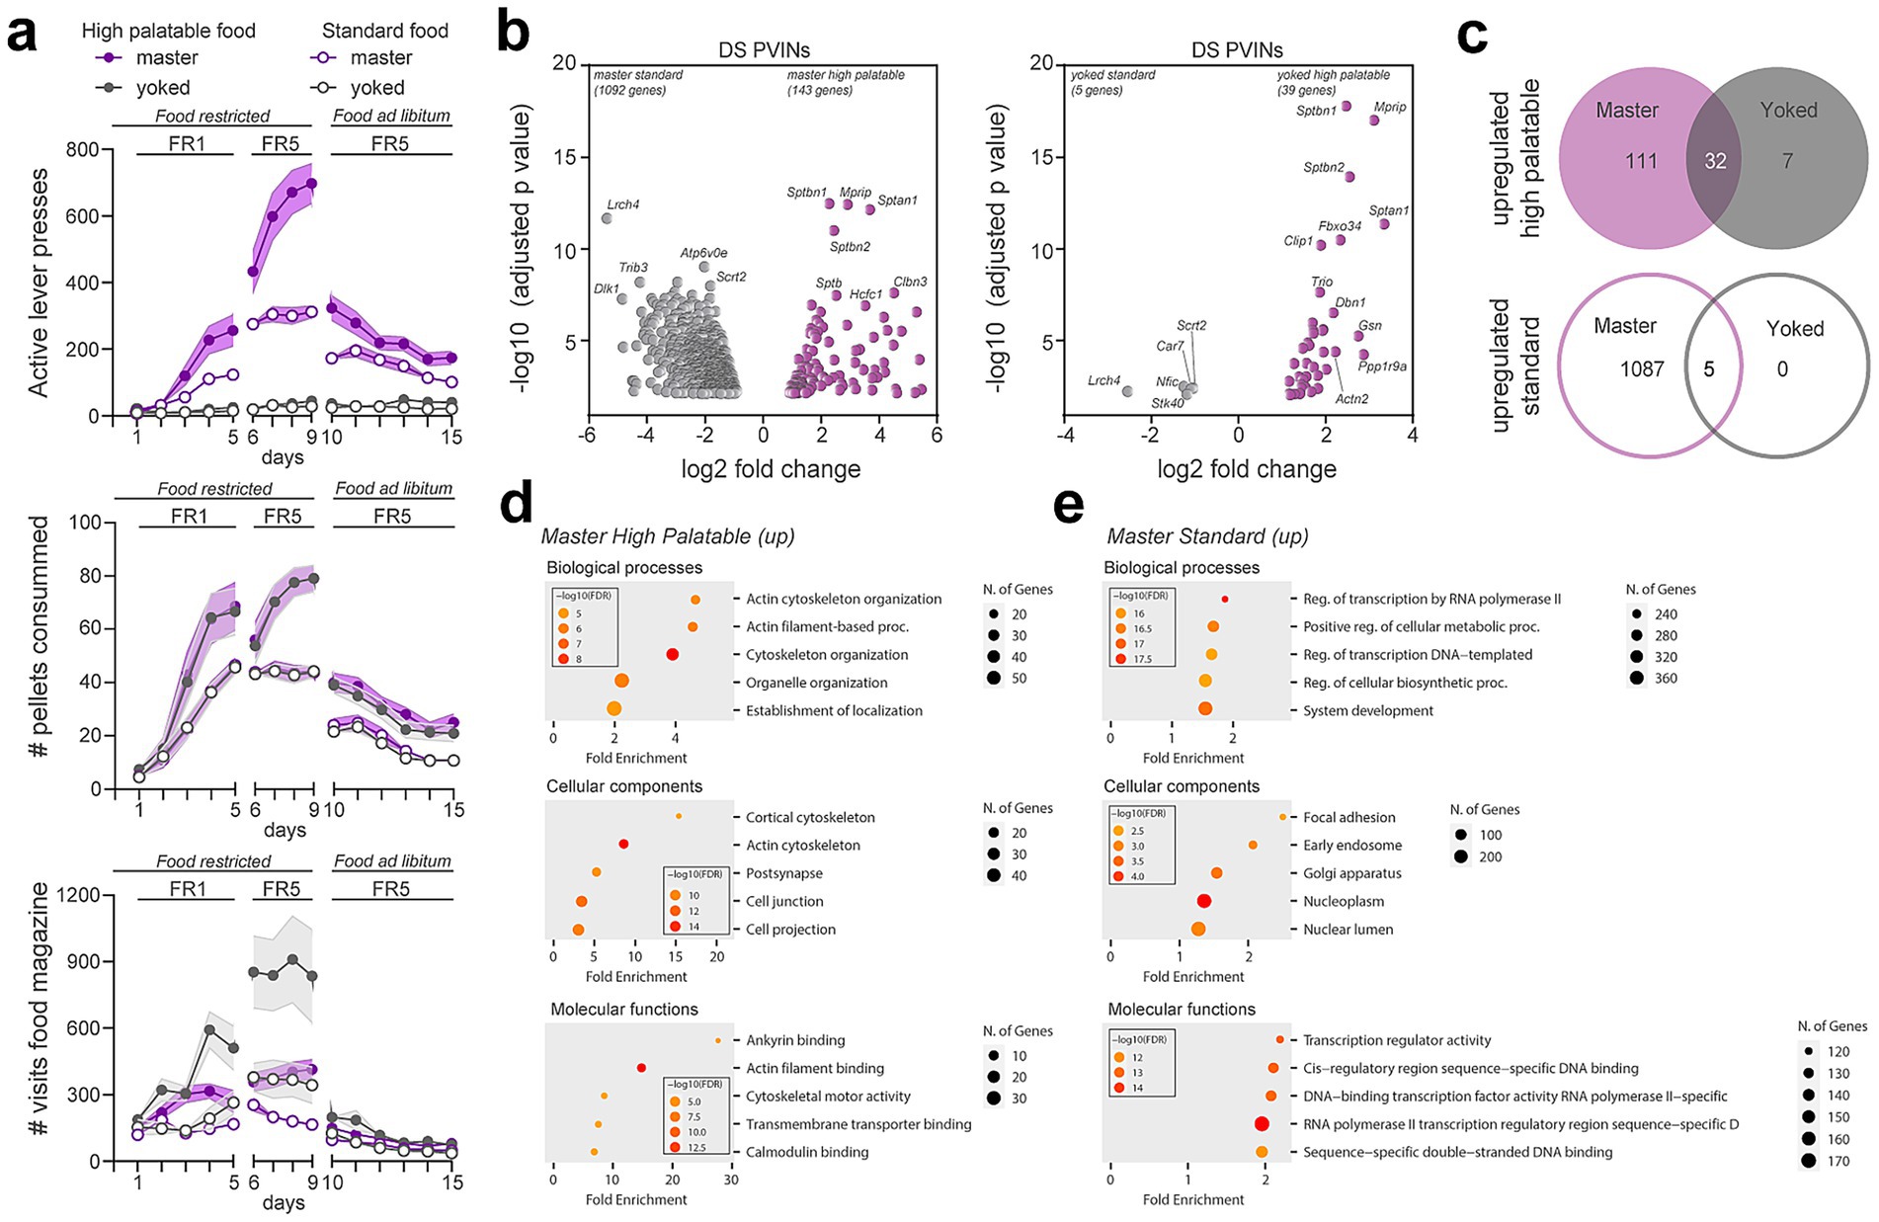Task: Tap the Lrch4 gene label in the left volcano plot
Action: [x=623, y=204]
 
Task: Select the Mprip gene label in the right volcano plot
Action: [x=1389, y=107]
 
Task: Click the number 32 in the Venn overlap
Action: [x=1715, y=161]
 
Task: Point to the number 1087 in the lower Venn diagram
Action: [x=1641, y=369]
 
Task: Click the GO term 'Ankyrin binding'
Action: [x=795, y=1040]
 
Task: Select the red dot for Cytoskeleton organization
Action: [x=673, y=654]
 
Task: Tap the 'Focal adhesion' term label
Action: [x=1348, y=817]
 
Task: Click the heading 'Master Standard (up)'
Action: [x=1207, y=536]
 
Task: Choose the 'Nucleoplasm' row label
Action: [x=1343, y=901]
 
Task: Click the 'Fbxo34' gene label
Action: [x=1340, y=226]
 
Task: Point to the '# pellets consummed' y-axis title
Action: [x=40, y=652]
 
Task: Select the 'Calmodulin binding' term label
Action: [x=807, y=1152]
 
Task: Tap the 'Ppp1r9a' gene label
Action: [x=1382, y=367]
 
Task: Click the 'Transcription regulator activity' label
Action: [x=1397, y=1040]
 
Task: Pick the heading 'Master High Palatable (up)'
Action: [x=668, y=536]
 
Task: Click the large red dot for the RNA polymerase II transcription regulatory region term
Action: [x=1262, y=1123]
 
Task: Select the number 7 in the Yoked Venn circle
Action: [x=1787, y=161]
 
